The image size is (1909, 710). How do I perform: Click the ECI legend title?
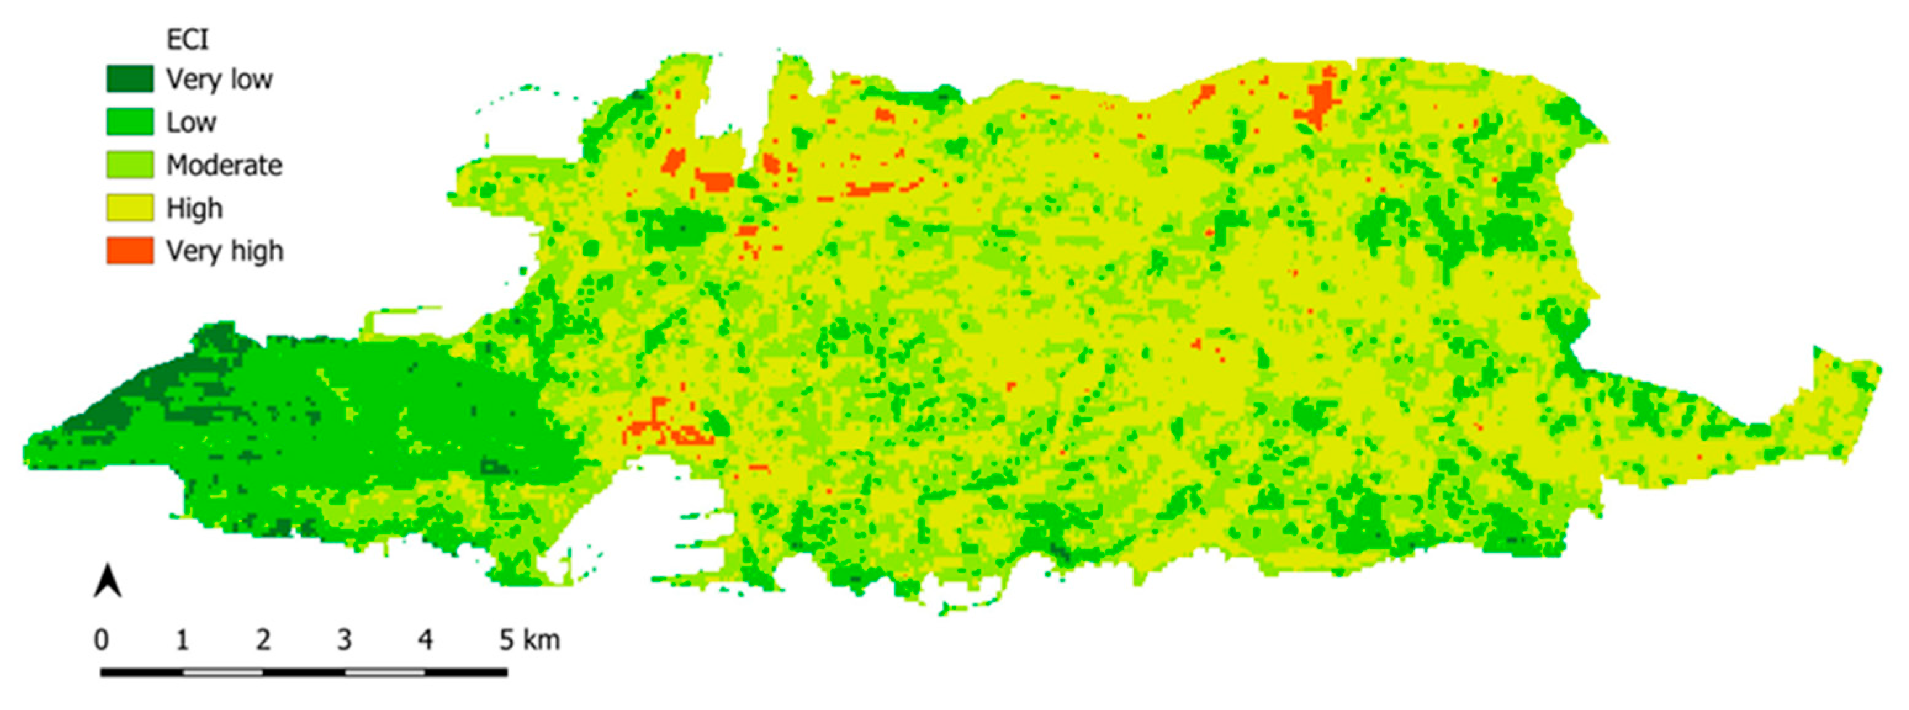coord(187,39)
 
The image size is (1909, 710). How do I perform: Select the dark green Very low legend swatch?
coord(129,78)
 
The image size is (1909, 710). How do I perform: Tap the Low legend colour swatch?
coord(129,121)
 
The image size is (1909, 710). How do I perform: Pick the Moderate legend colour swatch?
coord(129,165)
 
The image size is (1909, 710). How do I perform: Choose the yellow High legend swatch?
coord(129,208)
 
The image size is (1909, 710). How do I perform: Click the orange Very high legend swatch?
coord(129,250)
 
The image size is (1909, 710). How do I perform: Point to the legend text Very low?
coord(219,78)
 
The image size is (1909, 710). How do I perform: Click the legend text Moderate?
coord(224,165)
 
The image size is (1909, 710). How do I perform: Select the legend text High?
coord(194,208)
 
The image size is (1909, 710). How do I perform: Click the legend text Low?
coord(191,122)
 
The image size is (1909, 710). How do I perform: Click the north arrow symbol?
coord(108,581)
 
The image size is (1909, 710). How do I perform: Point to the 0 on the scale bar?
coord(102,639)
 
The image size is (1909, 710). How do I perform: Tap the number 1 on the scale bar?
coord(182,639)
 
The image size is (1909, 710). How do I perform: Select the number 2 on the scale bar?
coord(263,639)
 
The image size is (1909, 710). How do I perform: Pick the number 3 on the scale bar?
coord(344,639)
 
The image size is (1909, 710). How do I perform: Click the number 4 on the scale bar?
coord(425,639)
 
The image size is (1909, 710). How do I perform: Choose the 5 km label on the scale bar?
coord(529,639)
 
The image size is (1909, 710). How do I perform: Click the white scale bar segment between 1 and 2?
coord(223,672)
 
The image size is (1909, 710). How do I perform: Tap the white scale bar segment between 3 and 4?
coord(385,672)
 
